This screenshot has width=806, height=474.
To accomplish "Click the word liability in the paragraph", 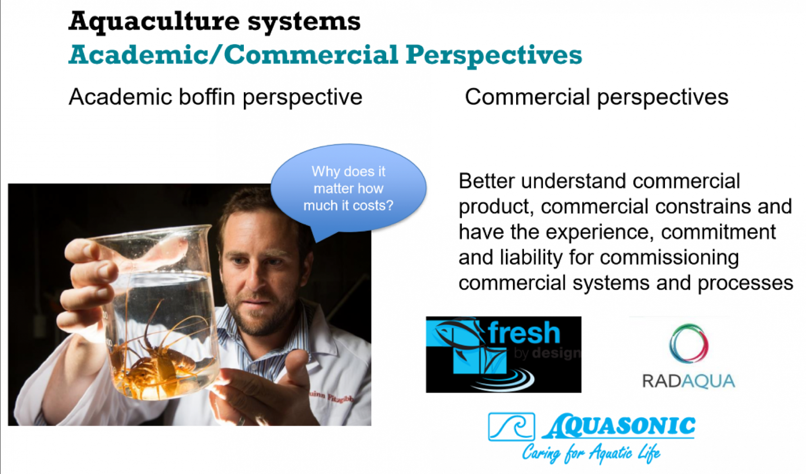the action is coord(531,258).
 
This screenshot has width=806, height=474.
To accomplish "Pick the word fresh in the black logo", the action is coord(524,333).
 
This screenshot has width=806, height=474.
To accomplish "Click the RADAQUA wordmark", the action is coord(689,381).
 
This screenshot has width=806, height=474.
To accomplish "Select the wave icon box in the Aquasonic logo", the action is coord(511,426).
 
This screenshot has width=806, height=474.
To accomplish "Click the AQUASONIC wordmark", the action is coord(619,426).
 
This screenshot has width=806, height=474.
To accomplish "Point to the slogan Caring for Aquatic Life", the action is coord(591,453).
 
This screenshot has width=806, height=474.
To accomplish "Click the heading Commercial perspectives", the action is coord(596,97).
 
